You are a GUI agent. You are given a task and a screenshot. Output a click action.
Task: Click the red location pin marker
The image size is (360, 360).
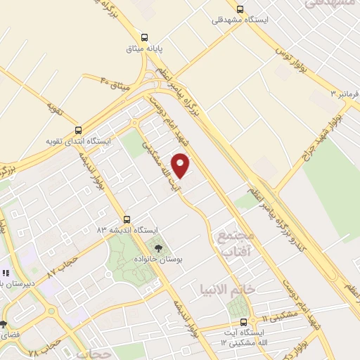click(x=181, y=165)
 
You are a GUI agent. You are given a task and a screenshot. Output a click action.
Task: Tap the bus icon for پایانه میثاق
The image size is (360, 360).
click(x=144, y=37)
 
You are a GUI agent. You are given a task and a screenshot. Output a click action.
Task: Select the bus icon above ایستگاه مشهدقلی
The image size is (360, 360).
click(x=240, y=9)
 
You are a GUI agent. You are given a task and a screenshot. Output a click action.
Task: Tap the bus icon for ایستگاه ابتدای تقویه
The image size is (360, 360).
click(x=78, y=130)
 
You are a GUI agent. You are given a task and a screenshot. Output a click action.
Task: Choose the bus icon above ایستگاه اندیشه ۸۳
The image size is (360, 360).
click(x=127, y=219)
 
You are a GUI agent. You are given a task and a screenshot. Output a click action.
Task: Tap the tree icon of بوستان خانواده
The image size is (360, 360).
click(x=158, y=247)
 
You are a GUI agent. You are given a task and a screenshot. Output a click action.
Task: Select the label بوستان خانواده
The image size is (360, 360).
click(x=158, y=259)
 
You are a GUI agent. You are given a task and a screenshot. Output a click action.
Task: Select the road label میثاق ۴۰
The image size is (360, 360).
click(x=115, y=85)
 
